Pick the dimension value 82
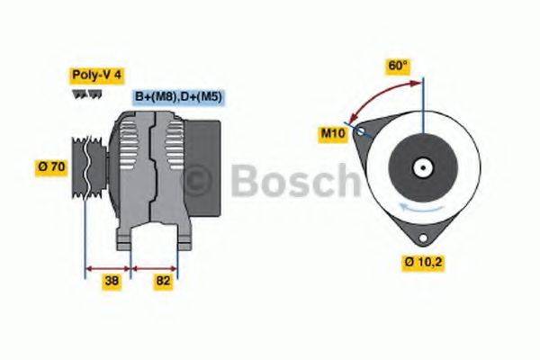[x=162, y=280]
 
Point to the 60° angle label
[x=398, y=66]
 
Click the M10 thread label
[x=333, y=134]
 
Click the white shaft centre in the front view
[x=420, y=166]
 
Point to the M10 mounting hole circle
[x=362, y=131]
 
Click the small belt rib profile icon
[x=81, y=94]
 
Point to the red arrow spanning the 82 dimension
[x=155, y=267]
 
